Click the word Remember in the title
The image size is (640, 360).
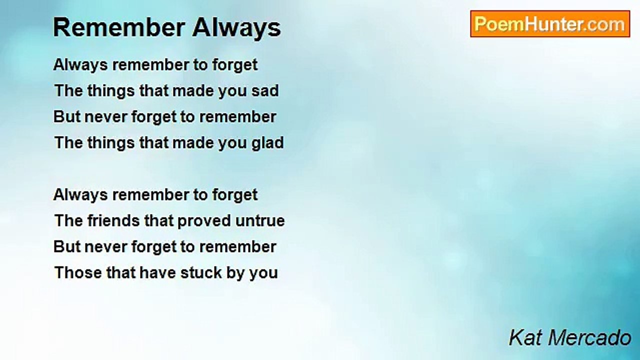pyautogui.click(x=119, y=27)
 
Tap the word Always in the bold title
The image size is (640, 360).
pyautogui.click(x=236, y=28)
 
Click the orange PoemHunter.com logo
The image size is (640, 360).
pyautogui.click(x=550, y=24)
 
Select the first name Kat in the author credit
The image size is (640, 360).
pyautogui.click(x=525, y=337)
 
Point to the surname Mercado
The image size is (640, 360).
pyautogui.click(x=589, y=337)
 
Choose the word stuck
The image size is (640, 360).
pyautogui.click(x=200, y=272)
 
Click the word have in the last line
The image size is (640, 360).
pyautogui.click(x=157, y=272)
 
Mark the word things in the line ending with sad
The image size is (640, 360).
pyautogui.click(x=111, y=91)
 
